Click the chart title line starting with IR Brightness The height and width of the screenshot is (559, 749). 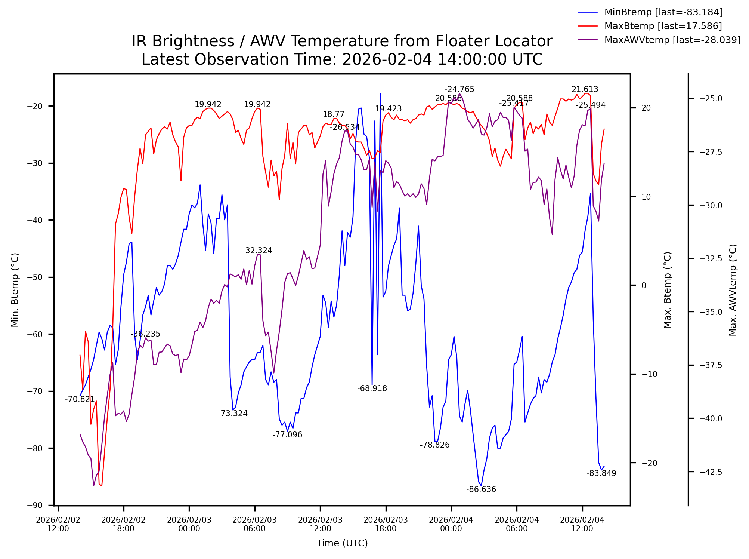tap(342, 41)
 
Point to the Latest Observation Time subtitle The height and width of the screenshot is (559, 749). tap(342, 59)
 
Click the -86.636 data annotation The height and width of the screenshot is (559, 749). tap(481, 489)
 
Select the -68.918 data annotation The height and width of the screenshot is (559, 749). tap(372, 388)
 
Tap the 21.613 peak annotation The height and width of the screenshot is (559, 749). tap(585, 89)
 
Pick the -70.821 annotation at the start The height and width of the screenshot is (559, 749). tap(80, 399)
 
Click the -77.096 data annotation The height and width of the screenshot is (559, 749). tap(287, 435)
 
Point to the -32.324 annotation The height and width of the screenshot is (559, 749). tap(257, 251)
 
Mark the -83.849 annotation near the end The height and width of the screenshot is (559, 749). tap(601, 473)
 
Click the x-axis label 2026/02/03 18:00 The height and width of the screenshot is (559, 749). tap(386, 524)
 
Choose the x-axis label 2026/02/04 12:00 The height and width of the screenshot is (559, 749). tap(582, 524)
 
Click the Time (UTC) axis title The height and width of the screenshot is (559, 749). tap(342, 543)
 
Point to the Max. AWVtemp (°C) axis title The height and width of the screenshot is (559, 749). tap(733, 290)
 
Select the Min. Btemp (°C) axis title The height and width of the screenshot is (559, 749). tap(15, 290)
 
